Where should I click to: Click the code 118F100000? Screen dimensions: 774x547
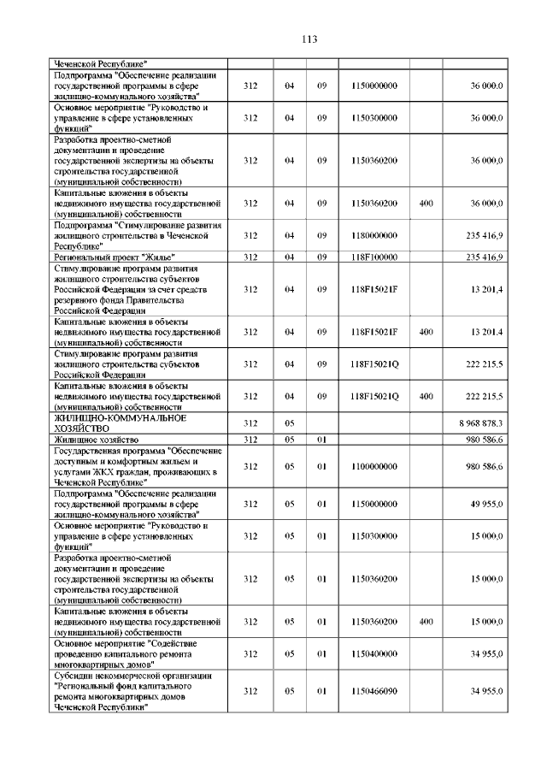click(x=374, y=257)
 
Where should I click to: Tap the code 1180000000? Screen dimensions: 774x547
click(x=374, y=235)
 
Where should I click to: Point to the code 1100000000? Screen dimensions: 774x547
click(x=374, y=466)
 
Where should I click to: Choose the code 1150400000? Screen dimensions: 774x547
click(x=374, y=653)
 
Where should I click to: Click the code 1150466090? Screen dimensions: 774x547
click(x=374, y=691)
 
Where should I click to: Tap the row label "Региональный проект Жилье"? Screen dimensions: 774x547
click(x=115, y=257)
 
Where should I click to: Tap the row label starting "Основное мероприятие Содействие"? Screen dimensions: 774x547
click(x=128, y=653)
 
